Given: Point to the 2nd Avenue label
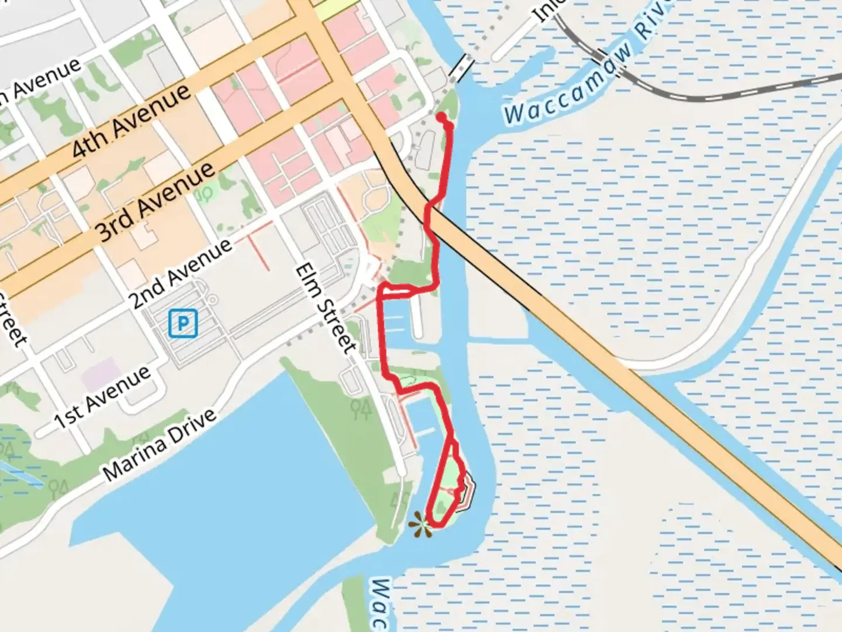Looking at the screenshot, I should coord(180,274).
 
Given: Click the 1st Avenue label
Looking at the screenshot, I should coord(102,398).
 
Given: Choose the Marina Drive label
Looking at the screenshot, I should coord(159,444).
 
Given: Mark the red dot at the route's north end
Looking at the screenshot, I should coord(441,117).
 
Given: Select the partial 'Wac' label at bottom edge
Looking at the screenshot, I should coord(381,603).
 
